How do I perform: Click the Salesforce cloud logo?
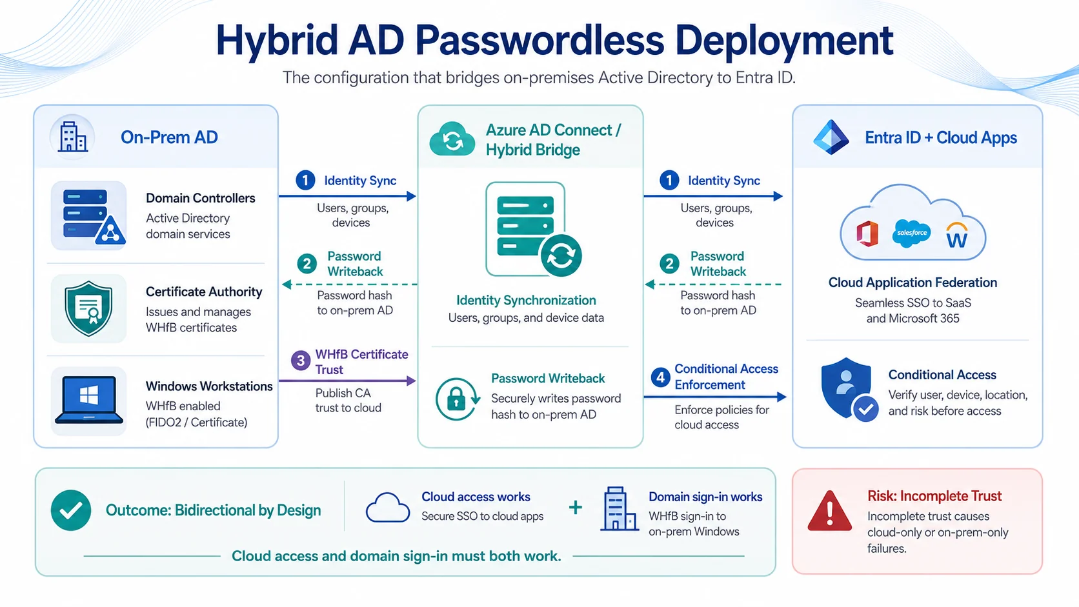(x=911, y=234)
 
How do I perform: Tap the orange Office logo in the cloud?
(x=867, y=234)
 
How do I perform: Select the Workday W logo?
(x=956, y=235)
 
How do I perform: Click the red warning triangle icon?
(x=829, y=511)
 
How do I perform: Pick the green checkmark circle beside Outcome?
(x=71, y=510)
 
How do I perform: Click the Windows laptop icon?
(x=88, y=400)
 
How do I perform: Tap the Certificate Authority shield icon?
(x=88, y=308)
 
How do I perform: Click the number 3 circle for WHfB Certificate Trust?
(x=301, y=361)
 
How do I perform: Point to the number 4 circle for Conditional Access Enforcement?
(x=660, y=377)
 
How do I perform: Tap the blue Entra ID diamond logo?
(x=831, y=137)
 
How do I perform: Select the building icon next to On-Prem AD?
(x=73, y=137)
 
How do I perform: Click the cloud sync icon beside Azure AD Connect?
(x=452, y=139)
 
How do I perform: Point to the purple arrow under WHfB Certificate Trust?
(x=347, y=381)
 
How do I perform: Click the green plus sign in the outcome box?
(x=575, y=508)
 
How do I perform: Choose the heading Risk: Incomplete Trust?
(x=934, y=496)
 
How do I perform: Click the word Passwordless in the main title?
(x=539, y=41)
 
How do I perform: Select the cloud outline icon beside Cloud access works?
(x=388, y=508)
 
